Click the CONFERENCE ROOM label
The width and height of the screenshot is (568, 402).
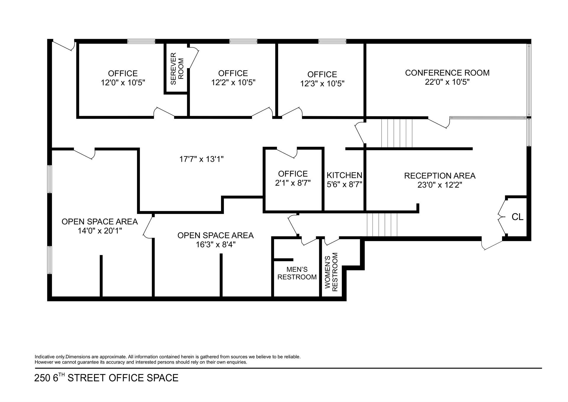447,73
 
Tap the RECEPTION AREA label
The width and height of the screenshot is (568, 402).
440,176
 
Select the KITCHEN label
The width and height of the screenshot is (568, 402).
344,175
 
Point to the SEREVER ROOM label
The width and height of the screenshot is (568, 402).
177,68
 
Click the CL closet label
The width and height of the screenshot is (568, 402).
517,217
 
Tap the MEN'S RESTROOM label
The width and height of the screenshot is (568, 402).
297,273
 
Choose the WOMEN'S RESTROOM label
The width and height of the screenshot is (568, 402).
331,272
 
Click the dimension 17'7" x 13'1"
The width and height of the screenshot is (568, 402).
201,159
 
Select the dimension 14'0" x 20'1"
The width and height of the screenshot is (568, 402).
100,231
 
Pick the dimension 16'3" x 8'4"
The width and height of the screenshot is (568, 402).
215,245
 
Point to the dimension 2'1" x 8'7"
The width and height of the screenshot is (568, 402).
293,183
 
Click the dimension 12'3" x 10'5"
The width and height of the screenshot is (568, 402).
322,84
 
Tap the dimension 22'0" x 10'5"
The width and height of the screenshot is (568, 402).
447,82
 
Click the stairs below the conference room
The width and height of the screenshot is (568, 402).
397,133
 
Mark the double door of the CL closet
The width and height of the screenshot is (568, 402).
502,217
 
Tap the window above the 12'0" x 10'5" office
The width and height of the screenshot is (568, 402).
141,41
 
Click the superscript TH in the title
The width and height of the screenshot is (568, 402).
61,375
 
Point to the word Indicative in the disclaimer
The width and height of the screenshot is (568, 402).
45,357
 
